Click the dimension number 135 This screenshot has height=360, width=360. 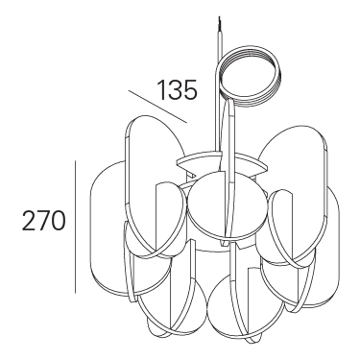coord(178,90)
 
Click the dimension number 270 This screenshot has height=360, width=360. coord(43,221)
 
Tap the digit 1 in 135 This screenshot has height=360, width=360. coord(162,90)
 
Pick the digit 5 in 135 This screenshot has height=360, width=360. coord(190,90)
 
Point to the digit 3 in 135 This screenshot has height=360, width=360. coord(175,90)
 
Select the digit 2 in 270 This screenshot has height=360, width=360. coord(29,221)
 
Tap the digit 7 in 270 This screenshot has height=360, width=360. coord(43,221)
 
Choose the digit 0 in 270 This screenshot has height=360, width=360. coord(59,221)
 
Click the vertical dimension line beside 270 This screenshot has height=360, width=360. coord(75,227)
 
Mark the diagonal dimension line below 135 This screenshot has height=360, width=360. coord(157,107)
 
